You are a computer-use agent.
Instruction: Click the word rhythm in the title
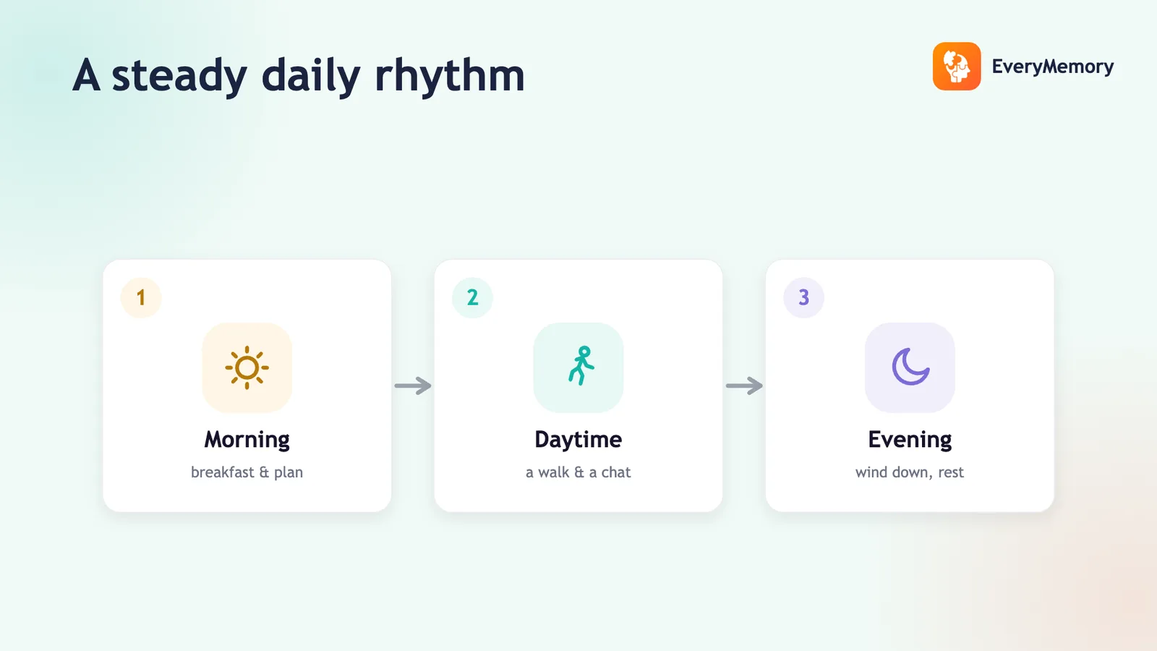point(449,77)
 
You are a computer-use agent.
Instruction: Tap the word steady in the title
point(179,77)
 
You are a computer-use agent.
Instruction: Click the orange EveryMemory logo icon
point(957,66)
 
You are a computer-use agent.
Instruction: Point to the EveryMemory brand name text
point(1053,67)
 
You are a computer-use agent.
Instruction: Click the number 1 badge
point(141,297)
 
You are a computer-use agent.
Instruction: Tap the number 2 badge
point(472,297)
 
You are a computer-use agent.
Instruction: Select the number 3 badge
point(803,297)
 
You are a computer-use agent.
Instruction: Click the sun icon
point(247,368)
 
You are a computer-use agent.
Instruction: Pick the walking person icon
point(581,366)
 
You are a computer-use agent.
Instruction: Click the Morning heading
point(247,441)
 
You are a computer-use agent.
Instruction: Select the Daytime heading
point(578,441)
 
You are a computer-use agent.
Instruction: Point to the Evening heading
point(910,441)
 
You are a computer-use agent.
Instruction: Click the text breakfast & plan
point(247,472)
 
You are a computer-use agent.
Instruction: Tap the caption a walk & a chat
point(578,472)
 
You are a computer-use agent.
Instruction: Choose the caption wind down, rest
point(910,472)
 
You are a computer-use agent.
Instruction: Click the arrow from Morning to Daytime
point(413,386)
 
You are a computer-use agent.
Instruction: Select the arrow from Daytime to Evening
point(744,386)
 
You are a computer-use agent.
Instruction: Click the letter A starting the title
point(86,75)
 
